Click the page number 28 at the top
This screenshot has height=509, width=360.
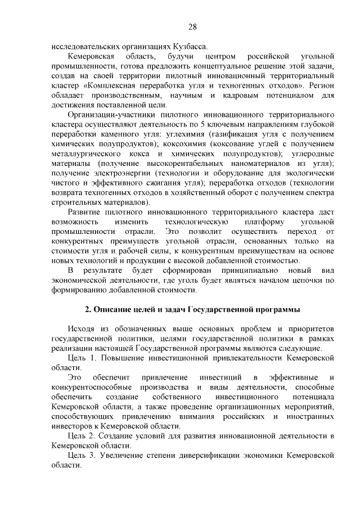[192, 28]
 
